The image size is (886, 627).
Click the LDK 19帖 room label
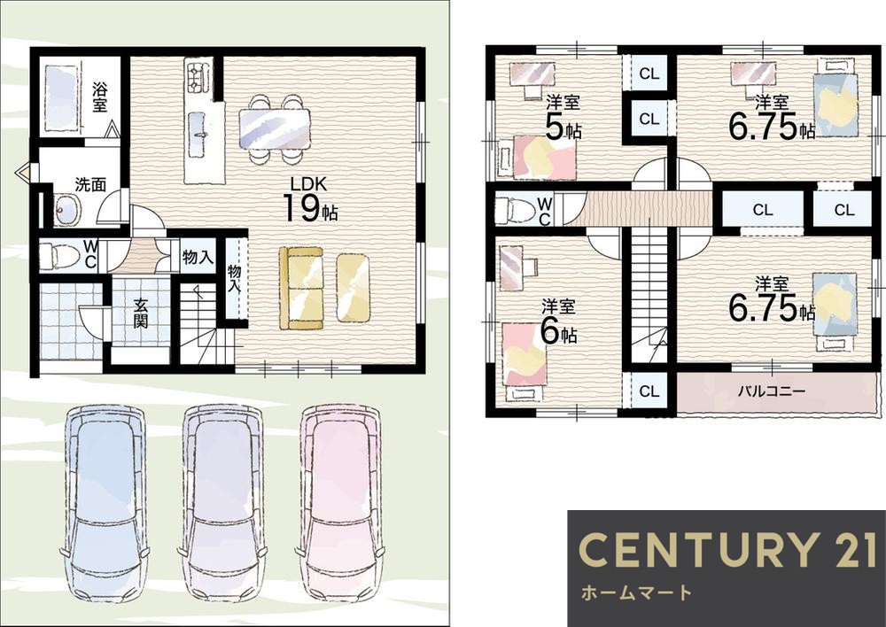pos(309,199)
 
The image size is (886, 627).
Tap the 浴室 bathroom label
pos(100,97)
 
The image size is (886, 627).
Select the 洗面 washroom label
pos(91,184)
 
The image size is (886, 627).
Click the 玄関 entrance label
pos(141,313)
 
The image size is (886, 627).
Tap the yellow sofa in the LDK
pos(301,288)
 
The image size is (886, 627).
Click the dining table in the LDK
pos(275,129)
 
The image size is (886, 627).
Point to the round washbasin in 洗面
pos(66,210)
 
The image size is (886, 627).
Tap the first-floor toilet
pos(60,255)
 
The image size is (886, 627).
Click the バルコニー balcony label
pos(772,391)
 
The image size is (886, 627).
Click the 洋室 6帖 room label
pos(559,322)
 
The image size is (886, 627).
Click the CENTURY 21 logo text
pos(727,550)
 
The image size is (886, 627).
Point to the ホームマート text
pos(635,592)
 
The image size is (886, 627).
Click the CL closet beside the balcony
pos(649,391)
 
